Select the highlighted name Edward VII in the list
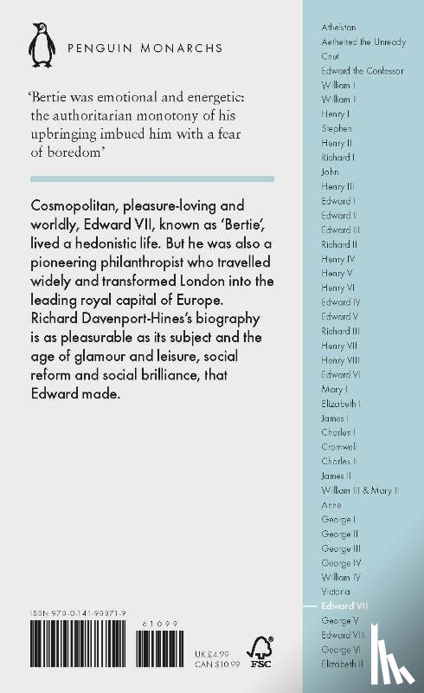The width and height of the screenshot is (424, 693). point(344,606)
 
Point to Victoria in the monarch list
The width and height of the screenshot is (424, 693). point(335,591)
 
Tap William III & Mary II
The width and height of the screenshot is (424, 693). point(359,490)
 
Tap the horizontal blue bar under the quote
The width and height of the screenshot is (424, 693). point(151,178)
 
